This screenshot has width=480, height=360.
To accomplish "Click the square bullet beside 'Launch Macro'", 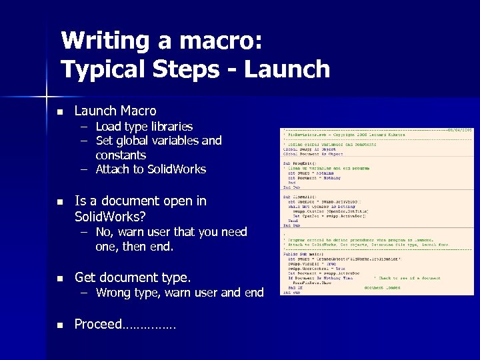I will coord(59,111).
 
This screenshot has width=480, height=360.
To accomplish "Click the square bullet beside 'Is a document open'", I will coord(59,201).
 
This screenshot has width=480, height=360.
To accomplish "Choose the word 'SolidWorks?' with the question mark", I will coord(110,217).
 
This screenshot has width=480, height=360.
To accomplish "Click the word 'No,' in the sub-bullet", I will coord(105,232).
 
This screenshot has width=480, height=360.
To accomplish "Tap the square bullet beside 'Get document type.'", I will coord(59,278).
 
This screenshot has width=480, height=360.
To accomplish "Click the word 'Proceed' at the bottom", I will coord(98,324).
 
